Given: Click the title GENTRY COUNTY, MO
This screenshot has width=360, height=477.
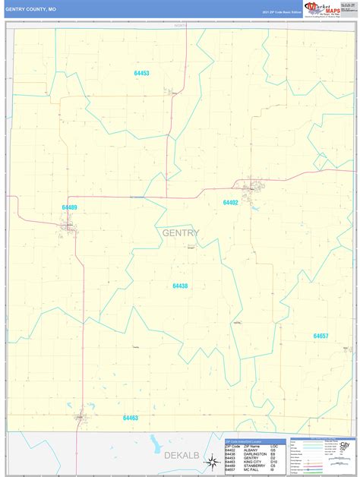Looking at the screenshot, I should [x=30, y=8].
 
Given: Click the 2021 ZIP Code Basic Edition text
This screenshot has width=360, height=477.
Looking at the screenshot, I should [x=282, y=12].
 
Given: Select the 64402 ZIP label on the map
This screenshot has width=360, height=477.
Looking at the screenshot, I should [x=230, y=203].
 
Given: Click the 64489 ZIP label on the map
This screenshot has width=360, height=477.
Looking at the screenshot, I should [x=69, y=207].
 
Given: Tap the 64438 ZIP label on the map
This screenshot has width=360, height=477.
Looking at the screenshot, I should [x=180, y=286].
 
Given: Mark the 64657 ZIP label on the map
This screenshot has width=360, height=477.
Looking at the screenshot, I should [x=321, y=336].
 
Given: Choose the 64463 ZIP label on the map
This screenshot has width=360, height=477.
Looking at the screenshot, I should [x=131, y=417].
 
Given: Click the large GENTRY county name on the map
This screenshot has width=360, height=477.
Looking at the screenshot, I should [x=181, y=232].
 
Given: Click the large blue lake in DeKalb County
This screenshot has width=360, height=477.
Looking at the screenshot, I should [x=156, y=444].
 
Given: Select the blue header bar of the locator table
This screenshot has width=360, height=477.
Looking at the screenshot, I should [x=255, y=441].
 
